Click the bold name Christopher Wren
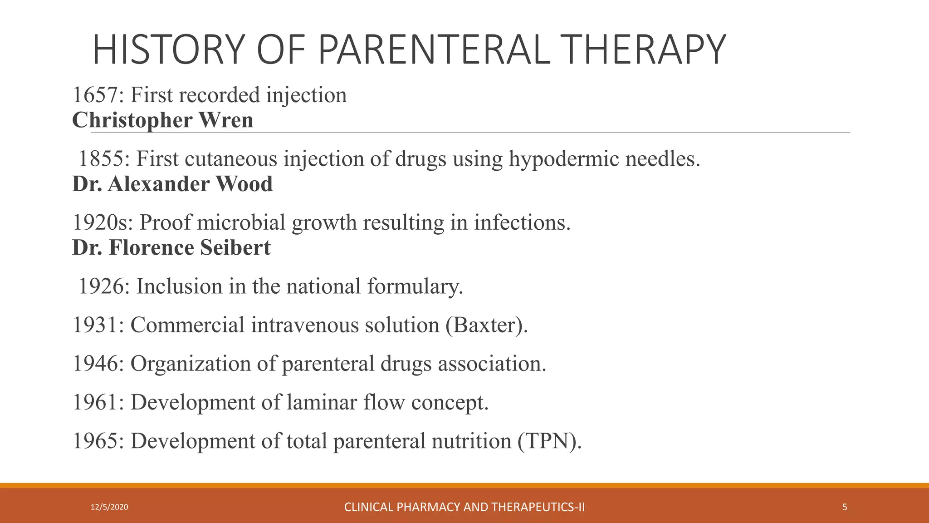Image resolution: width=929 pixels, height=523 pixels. [162, 120]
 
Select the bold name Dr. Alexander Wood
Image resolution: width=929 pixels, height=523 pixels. [172, 184]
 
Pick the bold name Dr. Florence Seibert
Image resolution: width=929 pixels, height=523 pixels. [171, 248]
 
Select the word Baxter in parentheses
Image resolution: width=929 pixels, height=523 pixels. [487, 325]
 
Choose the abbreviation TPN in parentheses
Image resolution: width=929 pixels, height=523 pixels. [549, 441]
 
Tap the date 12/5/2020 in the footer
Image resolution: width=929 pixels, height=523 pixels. [109, 507]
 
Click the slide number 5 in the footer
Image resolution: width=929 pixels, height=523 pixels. [845, 507]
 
